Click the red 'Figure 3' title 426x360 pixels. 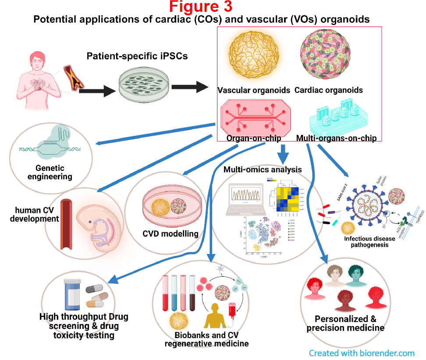[x=201, y=7]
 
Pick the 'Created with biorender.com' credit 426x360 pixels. [x=362, y=353]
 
